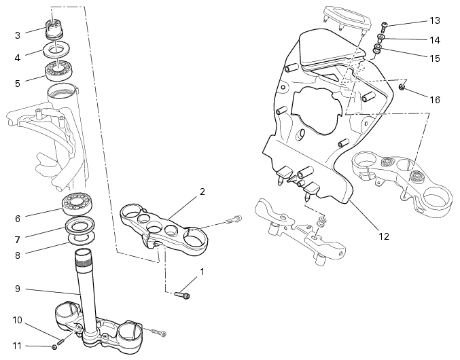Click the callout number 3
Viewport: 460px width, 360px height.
[x=18, y=35]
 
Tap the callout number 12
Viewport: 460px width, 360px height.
[x=384, y=236]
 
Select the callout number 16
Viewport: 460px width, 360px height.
[x=435, y=100]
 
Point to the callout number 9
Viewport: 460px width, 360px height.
[x=18, y=289]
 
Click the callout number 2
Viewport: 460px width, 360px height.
[x=202, y=192]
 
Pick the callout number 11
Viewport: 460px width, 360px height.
[x=17, y=346]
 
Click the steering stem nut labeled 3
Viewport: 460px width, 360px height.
[x=54, y=29]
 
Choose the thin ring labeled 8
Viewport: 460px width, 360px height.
[x=82, y=239]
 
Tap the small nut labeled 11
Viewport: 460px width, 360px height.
[x=54, y=347]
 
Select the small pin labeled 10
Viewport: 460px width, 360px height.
[x=61, y=342]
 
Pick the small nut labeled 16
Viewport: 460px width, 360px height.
[x=402, y=87]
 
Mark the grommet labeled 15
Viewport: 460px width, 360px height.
[x=376, y=50]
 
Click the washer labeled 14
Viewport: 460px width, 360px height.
[x=381, y=37]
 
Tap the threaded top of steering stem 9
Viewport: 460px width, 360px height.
[x=83, y=258]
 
